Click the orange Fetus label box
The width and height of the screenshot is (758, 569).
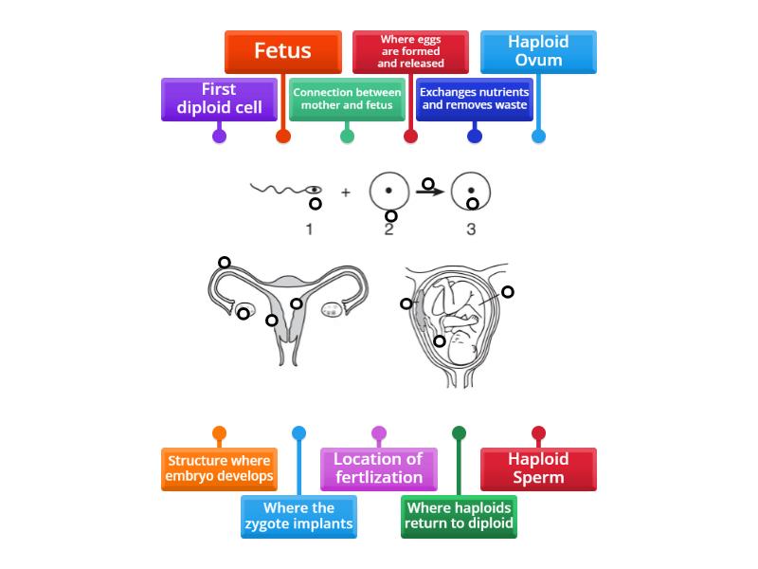tap(282, 51)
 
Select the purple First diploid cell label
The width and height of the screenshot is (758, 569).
tap(219, 99)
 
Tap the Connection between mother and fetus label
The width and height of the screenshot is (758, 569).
tap(347, 99)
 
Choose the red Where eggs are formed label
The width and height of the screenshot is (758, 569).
tap(410, 51)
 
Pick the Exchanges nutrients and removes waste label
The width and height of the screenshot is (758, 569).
tap(475, 99)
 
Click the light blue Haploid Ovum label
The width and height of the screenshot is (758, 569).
tap(538, 51)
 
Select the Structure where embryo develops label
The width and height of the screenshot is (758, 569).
tap(219, 468)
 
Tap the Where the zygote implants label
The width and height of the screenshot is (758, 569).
tap(298, 516)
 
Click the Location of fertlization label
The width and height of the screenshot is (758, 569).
tap(378, 468)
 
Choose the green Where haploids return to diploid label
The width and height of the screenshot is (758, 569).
tap(459, 516)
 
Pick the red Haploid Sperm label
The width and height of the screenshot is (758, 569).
tap(538, 468)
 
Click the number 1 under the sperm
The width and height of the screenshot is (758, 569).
tap(309, 229)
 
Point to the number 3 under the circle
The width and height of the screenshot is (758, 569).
tap(471, 229)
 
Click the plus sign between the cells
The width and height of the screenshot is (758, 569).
tap(346, 193)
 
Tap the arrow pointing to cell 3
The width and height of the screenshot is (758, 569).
tap(432, 193)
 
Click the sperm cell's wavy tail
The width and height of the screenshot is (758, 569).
tap(275, 189)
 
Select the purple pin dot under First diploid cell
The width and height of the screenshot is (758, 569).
tap(219, 136)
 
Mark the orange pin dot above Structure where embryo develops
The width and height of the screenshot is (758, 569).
tap(219, 433)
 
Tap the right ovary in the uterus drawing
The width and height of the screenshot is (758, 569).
tap(333, 309)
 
